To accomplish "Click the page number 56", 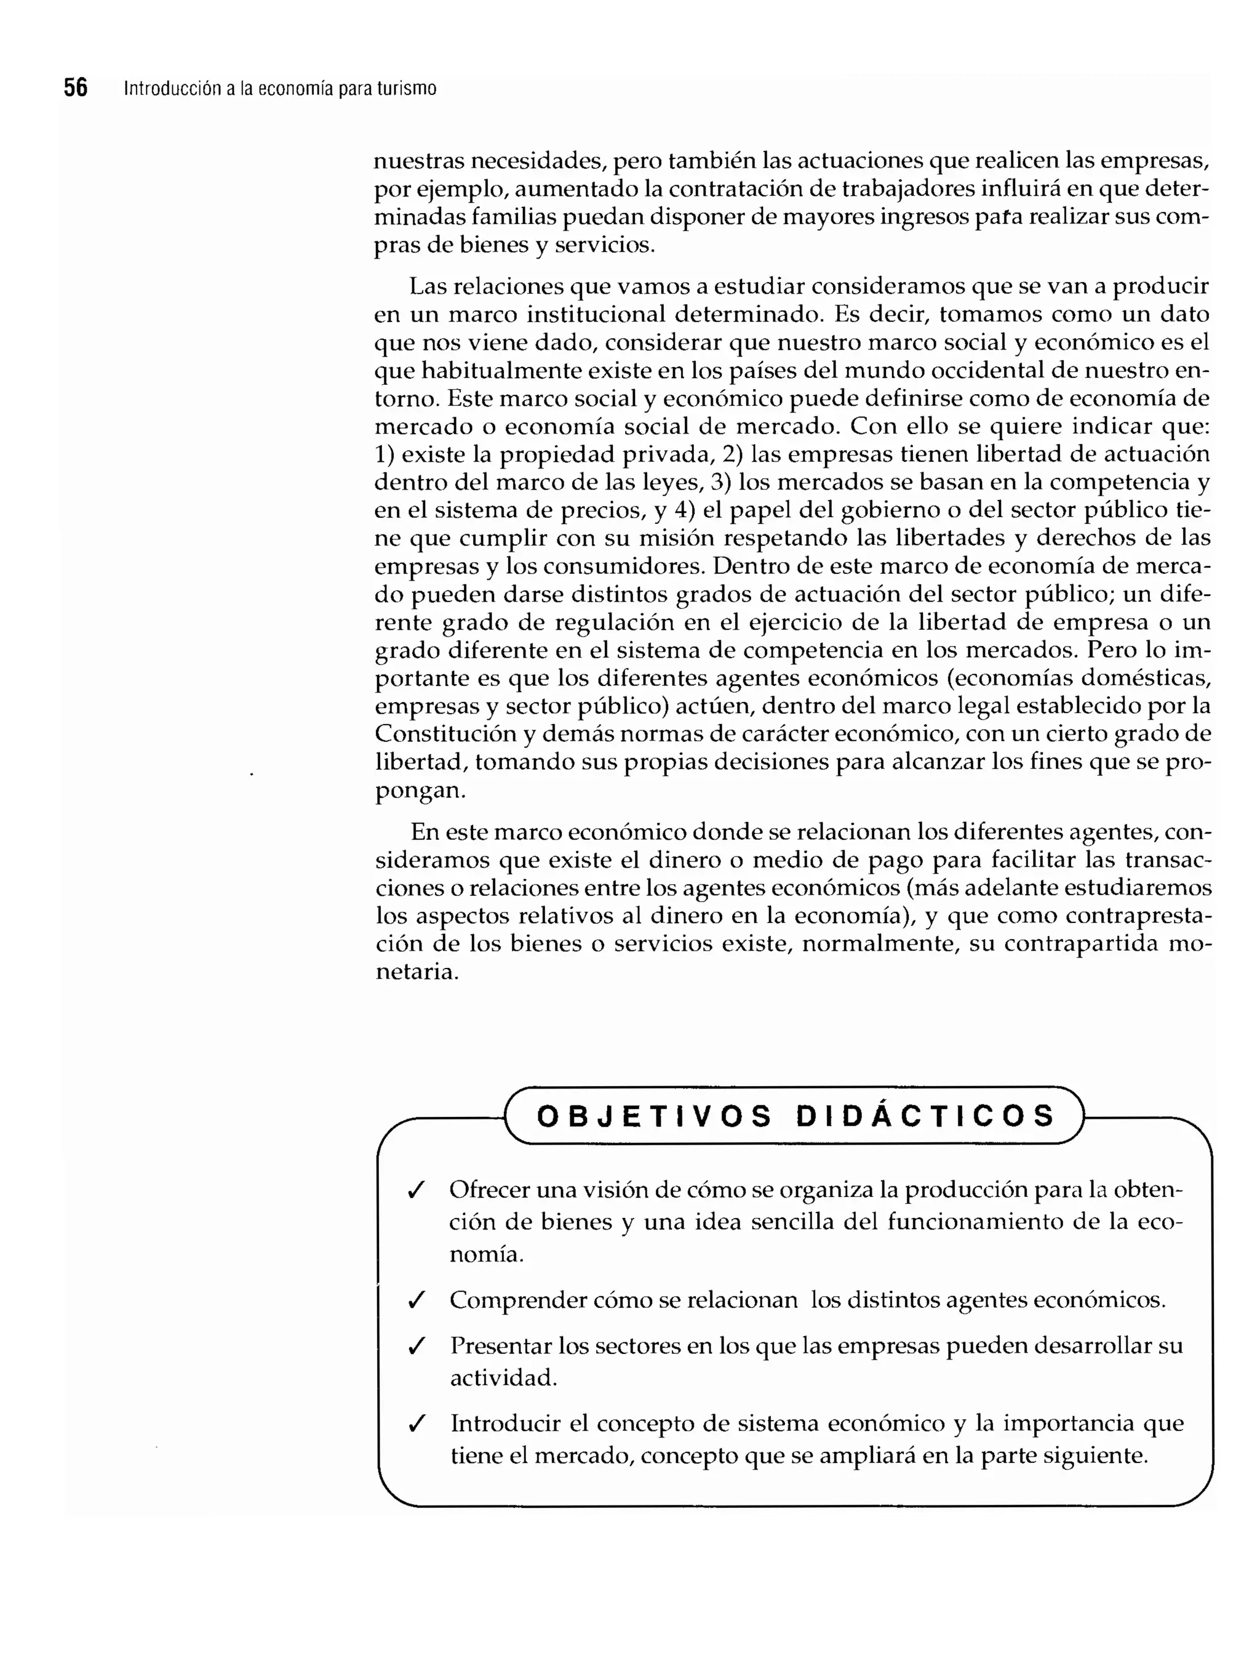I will [x=75, y=88].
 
